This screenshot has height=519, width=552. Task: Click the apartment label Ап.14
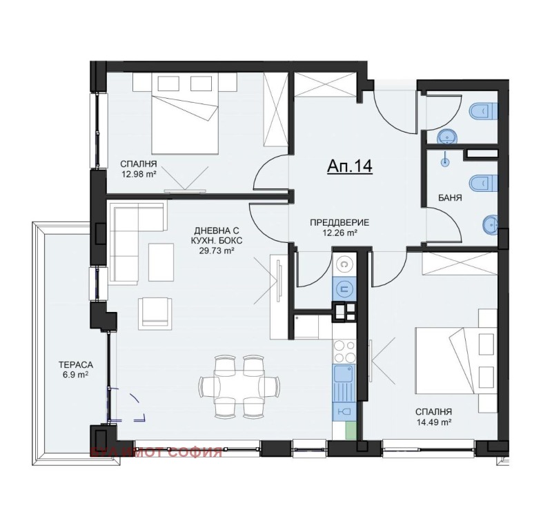[x=348, y=167]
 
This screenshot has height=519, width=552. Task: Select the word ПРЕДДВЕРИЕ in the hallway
[x=339, y=222]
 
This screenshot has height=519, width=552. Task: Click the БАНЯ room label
[x=449, y=198]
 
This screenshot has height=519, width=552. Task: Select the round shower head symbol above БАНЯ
[x=445, y=163]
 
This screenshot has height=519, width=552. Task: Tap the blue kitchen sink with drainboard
[x=343, y=383]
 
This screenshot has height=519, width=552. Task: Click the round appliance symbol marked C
[x=343, y=264]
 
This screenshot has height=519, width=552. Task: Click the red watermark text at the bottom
[x=156, y=453]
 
